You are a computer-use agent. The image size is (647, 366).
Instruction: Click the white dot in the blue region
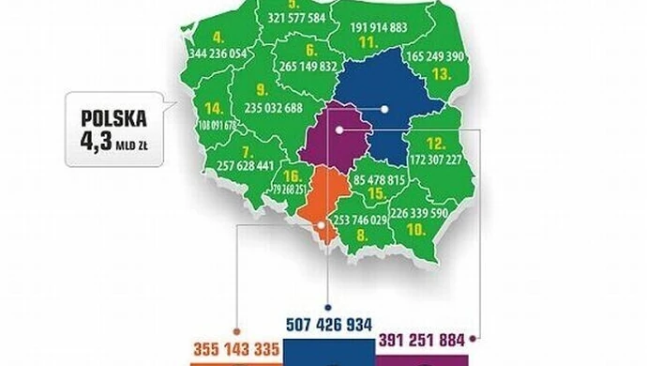[384, 109]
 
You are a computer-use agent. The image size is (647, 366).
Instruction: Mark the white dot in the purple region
[342, 131]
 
